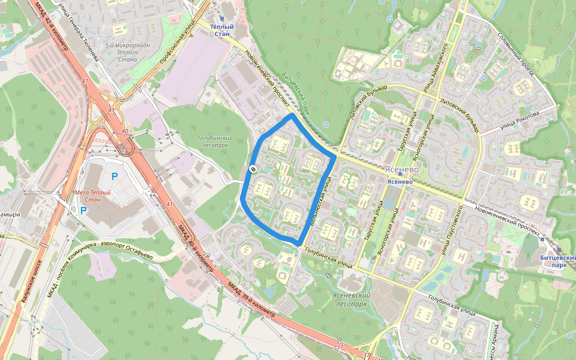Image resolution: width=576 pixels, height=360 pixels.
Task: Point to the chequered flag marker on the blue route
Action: point(253,170)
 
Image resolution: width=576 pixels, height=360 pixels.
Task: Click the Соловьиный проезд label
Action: point(515,54)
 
